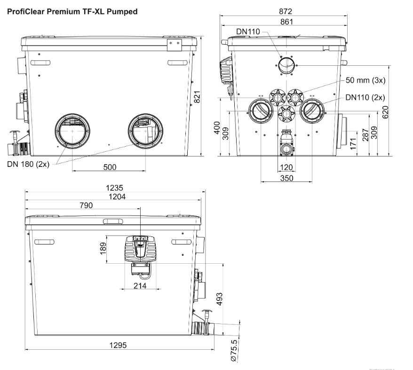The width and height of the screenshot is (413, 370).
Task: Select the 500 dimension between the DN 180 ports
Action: [110, 167]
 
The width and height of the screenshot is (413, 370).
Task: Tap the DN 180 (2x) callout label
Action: [29, 164]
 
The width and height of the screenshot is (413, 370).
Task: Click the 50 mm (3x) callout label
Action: [365, 80]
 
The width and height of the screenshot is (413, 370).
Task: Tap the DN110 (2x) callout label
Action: [365, 98]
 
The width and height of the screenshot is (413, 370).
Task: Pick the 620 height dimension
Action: [386, 112]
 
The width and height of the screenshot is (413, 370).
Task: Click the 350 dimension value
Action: [286, 179]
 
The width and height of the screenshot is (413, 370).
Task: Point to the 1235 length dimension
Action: [115, 188]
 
